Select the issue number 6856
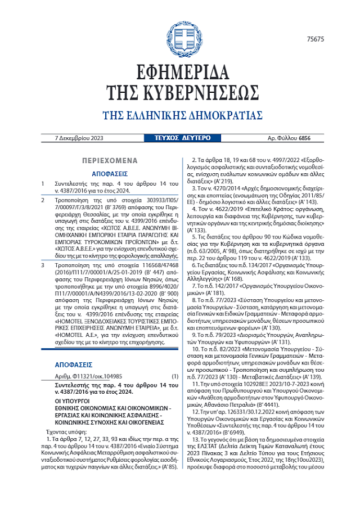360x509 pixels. (x=304, y=138)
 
